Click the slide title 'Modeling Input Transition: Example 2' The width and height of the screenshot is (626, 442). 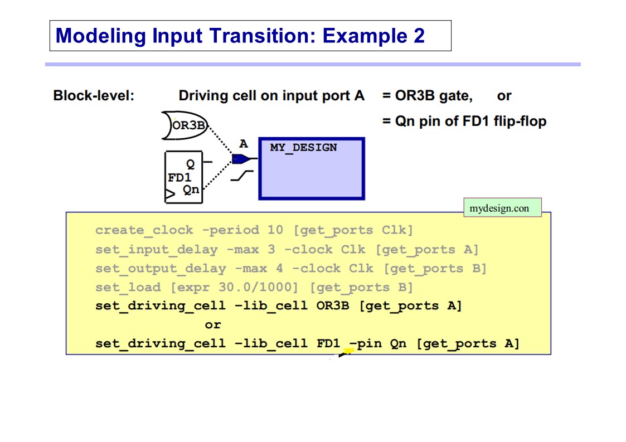[240, 36]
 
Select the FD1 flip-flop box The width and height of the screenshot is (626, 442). [183, 177]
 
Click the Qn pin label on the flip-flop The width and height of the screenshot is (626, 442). [191, 190]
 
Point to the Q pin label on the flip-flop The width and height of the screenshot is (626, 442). [191, 164]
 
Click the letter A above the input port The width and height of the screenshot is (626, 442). [244, 144]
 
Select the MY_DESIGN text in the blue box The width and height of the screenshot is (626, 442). [303, 148]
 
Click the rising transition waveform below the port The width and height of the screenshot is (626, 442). [242, 176]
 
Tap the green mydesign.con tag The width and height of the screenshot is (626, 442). [503, 208]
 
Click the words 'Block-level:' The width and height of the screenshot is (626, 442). [94, 96]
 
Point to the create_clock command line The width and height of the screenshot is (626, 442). [254, 230]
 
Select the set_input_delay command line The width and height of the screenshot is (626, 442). [287, 250]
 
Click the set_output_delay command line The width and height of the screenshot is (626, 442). [290, 268]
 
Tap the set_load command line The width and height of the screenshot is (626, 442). [254, 288]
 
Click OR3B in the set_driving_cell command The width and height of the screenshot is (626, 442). [333, 306]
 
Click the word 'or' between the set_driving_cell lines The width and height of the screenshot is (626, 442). [213, 325]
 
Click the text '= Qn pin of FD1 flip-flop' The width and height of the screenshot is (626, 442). [464, 121]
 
